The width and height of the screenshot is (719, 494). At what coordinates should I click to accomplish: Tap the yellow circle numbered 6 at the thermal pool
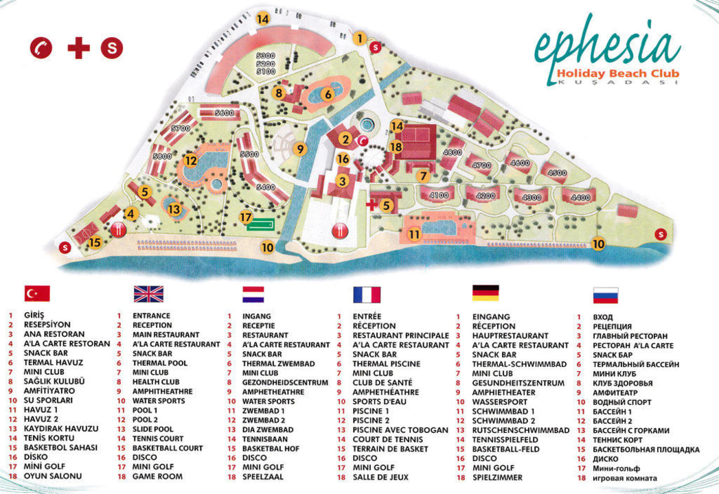pos(328,95)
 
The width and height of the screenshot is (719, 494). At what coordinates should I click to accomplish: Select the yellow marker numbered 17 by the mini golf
pos(247,217)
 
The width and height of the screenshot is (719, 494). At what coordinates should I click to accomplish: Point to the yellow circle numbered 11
pos(413,234)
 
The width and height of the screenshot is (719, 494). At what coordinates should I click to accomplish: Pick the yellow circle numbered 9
pos(299,148)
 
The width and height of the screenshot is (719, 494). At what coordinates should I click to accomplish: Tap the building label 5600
pos(225,113)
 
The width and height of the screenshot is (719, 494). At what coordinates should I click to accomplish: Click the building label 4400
pos(580,198)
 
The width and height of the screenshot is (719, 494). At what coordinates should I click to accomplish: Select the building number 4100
pos(438,196)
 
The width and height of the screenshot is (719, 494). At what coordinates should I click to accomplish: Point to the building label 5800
pos(163,156)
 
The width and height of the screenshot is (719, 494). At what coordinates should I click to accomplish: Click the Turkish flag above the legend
pos(37,294)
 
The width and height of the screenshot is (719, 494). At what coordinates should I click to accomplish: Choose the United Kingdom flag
pos(148,294)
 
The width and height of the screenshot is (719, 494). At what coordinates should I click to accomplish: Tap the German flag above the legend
pos(485,293)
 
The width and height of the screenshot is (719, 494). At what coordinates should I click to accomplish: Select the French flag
pos(366,294)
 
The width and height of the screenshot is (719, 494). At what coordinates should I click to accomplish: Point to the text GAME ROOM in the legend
pos(157,476)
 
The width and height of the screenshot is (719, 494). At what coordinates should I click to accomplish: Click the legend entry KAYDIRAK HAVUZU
pos(61,429)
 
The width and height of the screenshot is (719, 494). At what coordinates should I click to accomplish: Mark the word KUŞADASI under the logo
pos(619,82)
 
